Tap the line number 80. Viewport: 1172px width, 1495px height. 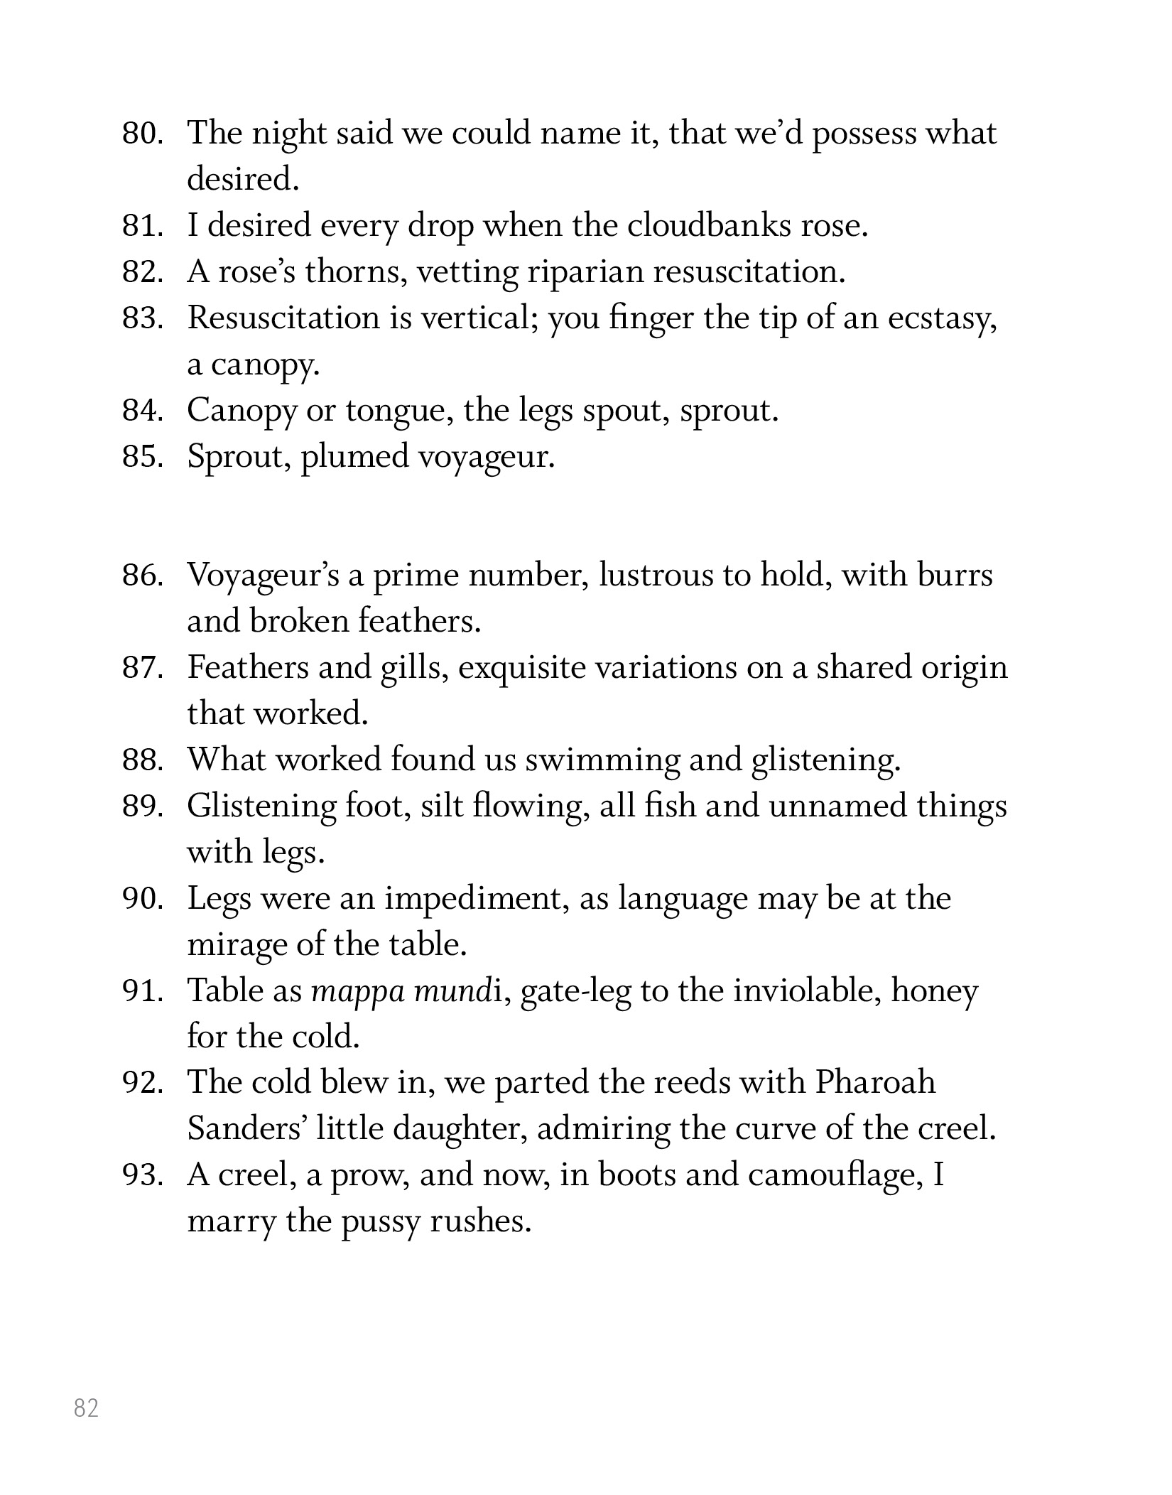143,133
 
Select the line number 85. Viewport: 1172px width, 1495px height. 143,456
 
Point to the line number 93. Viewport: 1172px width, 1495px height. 143,1175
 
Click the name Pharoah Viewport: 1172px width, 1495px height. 874,1082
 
